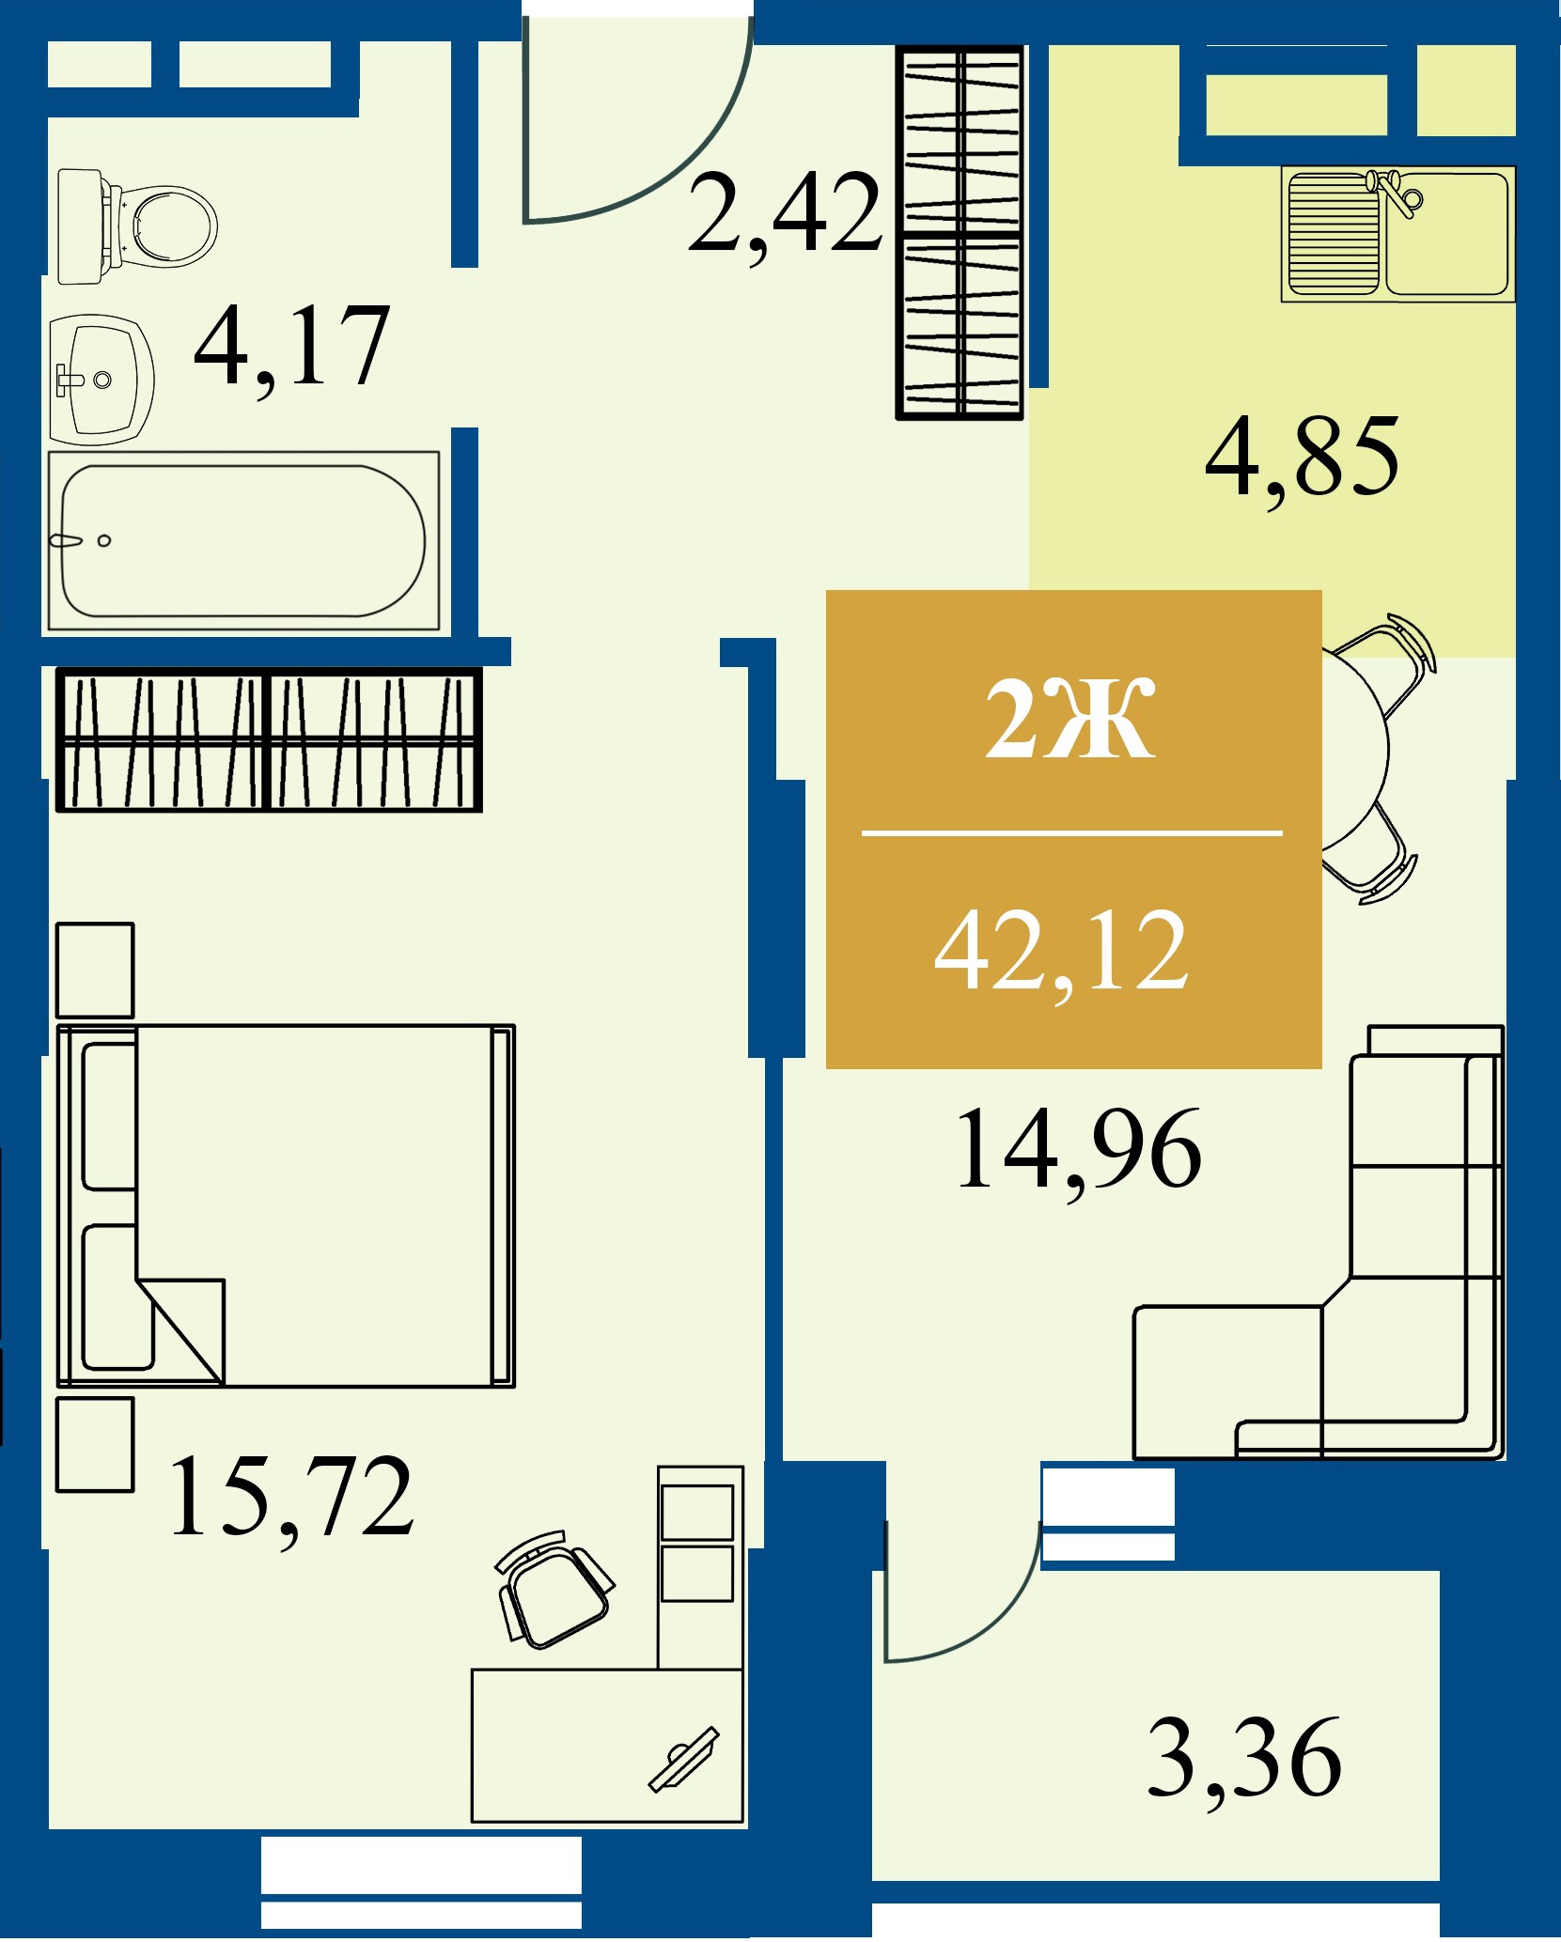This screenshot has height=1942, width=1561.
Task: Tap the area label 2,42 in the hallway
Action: click(785, 215)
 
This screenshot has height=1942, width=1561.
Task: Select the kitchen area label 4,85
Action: click(1303, 458)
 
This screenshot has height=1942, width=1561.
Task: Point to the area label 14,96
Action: click(1078, 1150)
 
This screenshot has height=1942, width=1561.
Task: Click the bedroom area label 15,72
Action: click(291, 1496)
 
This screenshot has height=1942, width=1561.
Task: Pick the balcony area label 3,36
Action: click(1244, 1757)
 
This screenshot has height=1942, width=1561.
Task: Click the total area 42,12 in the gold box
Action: click(1062, 953)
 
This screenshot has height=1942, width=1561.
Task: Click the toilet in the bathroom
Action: click(137, 226)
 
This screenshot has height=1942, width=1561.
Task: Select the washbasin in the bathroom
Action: click(101, 380)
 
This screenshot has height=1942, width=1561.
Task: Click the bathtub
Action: click(243, 540)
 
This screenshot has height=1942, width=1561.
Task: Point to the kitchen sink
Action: click(1397, 234)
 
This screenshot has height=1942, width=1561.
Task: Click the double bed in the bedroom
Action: click(286, 1205)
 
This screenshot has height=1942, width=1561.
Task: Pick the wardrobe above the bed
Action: click(269, 739)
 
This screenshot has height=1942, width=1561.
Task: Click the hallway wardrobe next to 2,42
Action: click(960, 231)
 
